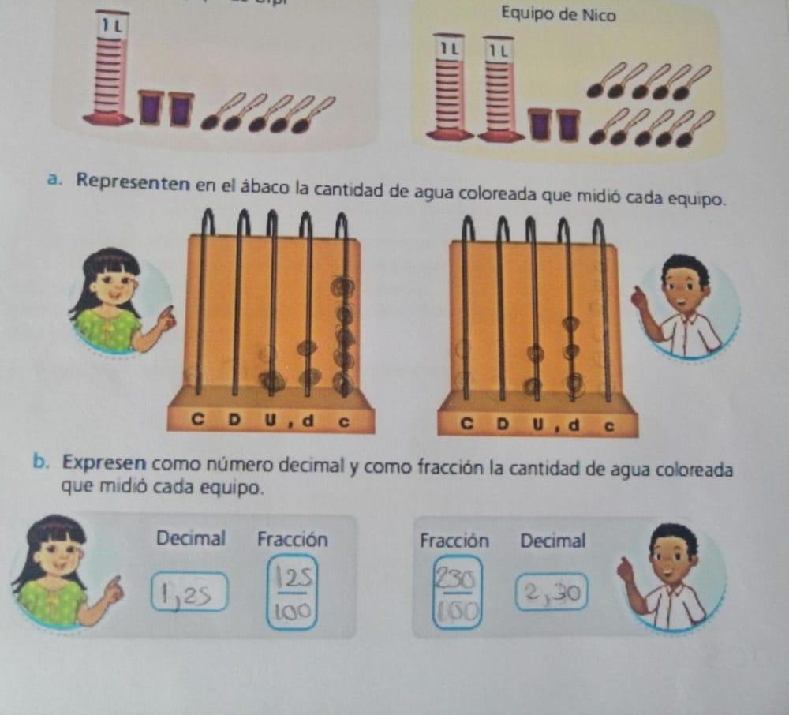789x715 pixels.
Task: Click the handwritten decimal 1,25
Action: point(190,593)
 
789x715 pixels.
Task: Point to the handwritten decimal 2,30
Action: point(552,591)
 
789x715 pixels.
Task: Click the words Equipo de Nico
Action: point(558,14)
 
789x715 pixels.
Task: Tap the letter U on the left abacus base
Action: point(271,421)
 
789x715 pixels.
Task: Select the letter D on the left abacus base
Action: point(234,421)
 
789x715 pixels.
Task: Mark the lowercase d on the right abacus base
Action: point(574,427)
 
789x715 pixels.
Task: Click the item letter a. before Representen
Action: point(52,181)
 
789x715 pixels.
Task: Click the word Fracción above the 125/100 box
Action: point(292,540)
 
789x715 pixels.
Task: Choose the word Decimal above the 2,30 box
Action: point(552,541)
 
